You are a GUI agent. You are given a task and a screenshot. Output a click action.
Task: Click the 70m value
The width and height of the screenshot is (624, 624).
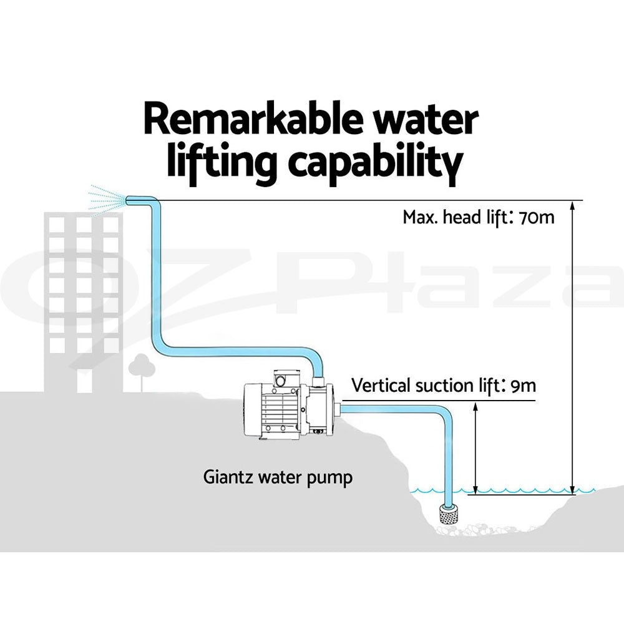pyautogui.click(x=532, y=218)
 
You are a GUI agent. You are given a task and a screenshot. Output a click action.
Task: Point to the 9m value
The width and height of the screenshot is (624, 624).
pyautogui.click(x=523, y=385)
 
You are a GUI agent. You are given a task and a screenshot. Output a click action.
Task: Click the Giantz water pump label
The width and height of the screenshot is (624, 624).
pyautogui.click(x=278, y=478)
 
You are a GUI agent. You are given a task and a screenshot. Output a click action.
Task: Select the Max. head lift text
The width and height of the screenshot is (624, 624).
pyautogui.click(x=452, y=218)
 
